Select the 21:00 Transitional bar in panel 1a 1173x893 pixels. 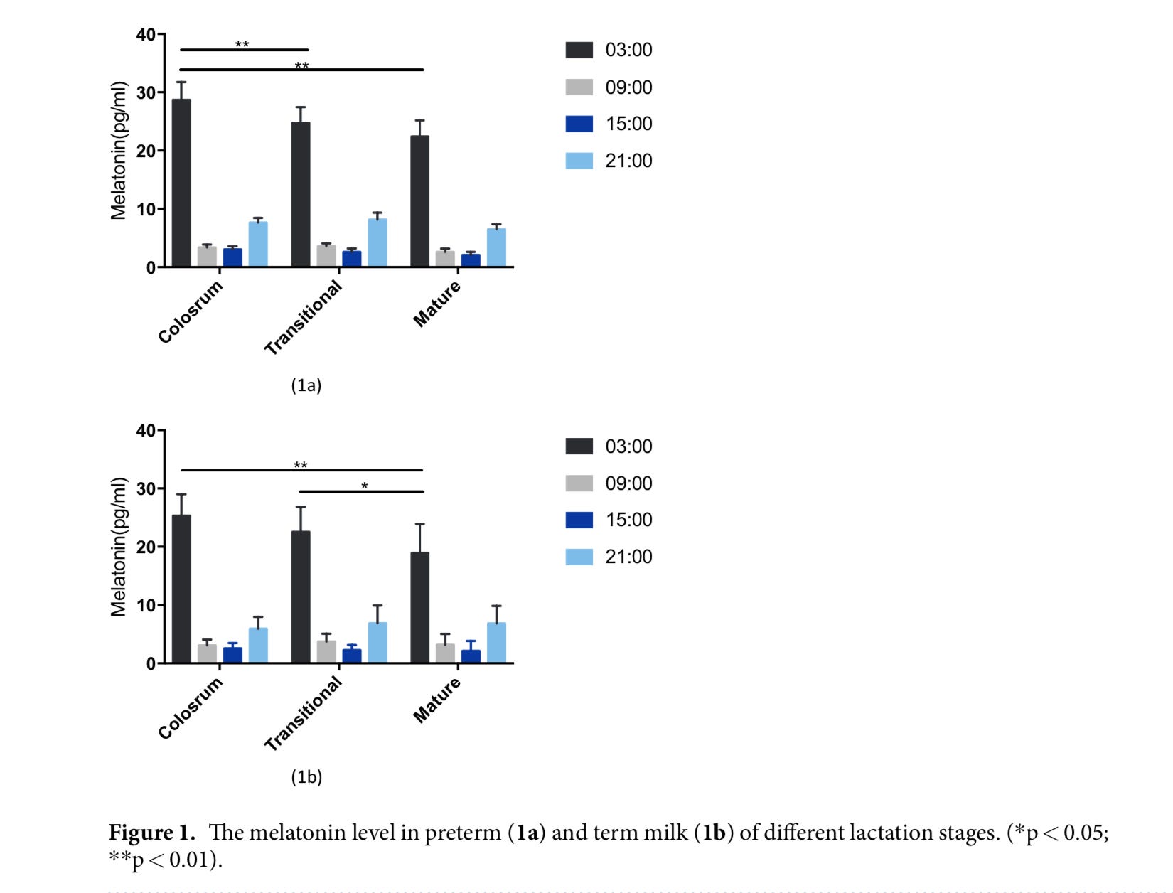pyautogui.click(x=377, y=243)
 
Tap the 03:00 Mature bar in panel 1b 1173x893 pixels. pyautogui.click(x=419, y=608)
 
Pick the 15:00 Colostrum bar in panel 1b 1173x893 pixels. pyautogui.click(x=232, y=655)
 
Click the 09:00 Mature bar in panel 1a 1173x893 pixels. pyautogui.click(x=445, y=259)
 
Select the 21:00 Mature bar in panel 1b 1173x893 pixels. pyautogui.click(x=496, y=643)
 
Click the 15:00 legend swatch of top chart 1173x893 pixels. pyautogui.click(x=579, y=124)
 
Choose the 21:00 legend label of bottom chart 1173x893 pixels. pyautogui.click(x=628, y=557)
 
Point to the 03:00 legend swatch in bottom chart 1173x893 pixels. pyautogui.click(x=579, y=446)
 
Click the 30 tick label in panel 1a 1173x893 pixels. pyautogui.click(x=146, y=92)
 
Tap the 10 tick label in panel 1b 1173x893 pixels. pyautogui.click(x=146, y=605)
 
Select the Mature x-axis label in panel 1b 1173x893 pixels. pyautogui.click(x=437, y=700)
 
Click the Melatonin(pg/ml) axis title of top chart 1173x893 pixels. pyautogui.click(x=118, y=151)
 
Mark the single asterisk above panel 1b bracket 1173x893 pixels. pyautogui.click(x=365, y=486)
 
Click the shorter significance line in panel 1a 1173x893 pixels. pyautogui.click(x=244, y=50)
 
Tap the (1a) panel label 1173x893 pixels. pyautogui.click(x=306, y=385)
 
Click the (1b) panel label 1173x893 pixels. pyautogui.click(x=306, y=776)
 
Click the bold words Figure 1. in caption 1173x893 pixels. pyautogui.click(x=151, y=832)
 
